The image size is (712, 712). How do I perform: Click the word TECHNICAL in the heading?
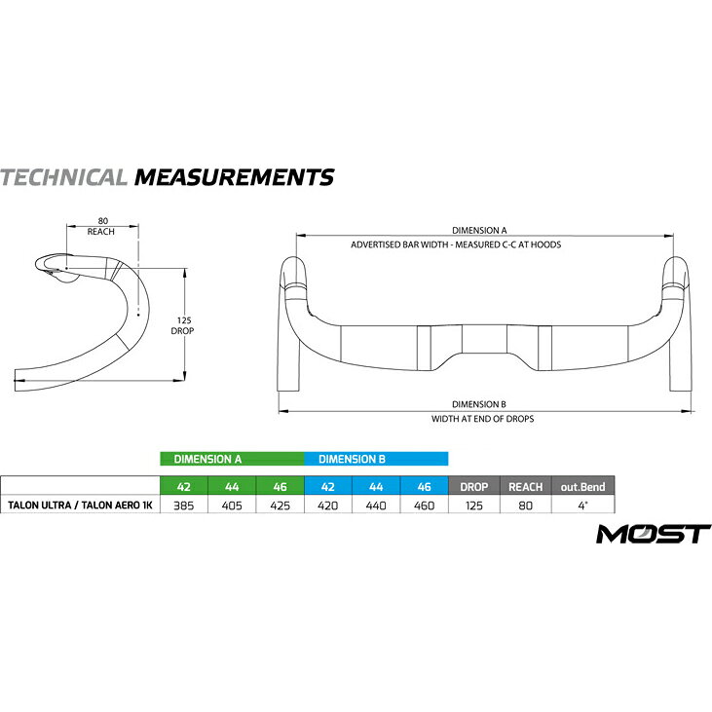[x=63, y=177]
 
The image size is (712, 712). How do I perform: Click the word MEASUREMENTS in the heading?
[x=235, y=177]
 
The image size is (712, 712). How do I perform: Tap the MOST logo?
[x=654, y=534]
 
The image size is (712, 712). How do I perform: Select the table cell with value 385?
[x=184, y=506]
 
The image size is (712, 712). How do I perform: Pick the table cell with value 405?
[x=232, y=506]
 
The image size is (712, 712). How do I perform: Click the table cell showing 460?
[x=424, y=506]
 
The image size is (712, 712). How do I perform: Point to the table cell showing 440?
[x=376, y=506]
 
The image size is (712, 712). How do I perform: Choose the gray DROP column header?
[x=474, y=487]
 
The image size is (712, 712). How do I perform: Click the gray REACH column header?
[x=526, y=487]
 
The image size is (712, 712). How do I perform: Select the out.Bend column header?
[x=583, y=487]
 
